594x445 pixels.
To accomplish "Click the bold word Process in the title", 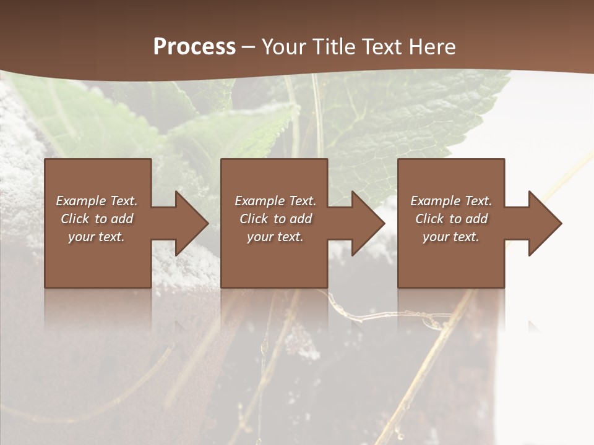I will pos(194,47).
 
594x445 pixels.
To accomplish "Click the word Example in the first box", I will pos(81,201).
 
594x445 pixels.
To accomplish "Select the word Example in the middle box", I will pos(260,201).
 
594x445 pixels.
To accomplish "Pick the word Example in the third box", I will pos(436,201).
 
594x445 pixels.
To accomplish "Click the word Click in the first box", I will pos(75,219).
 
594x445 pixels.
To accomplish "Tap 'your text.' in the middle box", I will pos(275,237).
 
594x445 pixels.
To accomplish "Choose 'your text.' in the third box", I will pos(450,237).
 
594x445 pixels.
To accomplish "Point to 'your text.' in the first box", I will pos(97,237).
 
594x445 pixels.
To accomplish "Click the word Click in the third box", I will pos(429,219).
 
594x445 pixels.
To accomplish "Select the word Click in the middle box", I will pos(254,219).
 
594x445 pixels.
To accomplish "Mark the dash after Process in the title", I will pos(248,47).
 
